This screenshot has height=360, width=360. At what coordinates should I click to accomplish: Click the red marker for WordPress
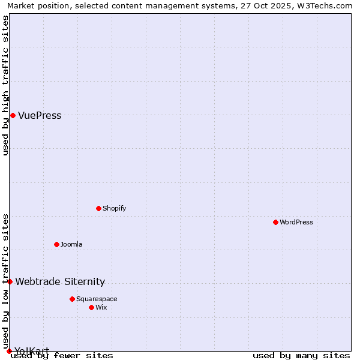tap(275, 222)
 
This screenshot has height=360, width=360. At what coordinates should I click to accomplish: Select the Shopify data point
tap(98, 208)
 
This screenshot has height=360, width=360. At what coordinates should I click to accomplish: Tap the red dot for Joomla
tap(56, 244)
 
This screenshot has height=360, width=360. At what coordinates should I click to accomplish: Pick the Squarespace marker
tap(72, 299)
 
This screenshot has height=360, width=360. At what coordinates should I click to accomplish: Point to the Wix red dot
tap(91, 307)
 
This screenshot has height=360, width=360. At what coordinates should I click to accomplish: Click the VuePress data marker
tap(13, 115)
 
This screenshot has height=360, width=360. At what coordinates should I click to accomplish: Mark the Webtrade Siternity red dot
tap(10, 281)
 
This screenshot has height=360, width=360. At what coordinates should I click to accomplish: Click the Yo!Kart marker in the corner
tap(9, 351)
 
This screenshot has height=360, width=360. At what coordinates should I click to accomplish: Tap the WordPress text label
tap(296, 222)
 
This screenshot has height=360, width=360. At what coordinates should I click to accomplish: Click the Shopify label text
tap(115, 208)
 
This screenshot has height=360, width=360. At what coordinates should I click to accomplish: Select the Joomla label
tap(71, 244)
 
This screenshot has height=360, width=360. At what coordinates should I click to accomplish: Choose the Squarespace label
tap(97, 299)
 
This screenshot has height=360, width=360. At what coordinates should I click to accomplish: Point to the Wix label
tap(101, 307)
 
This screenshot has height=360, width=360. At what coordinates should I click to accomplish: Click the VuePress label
tap(40, 115)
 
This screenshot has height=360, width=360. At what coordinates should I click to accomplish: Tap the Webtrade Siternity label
tap(60, 281)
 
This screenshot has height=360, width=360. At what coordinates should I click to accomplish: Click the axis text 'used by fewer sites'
tap(62, 355)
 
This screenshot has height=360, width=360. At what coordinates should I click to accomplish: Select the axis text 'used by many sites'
tap(301, 355)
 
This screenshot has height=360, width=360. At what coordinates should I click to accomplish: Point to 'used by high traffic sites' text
tap(5, 85)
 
